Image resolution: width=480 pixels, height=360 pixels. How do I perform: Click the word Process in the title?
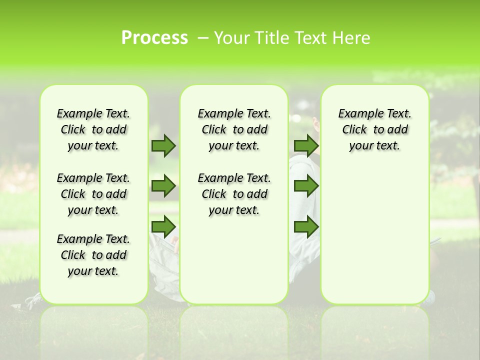154,38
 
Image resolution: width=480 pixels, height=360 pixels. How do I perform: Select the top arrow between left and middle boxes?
163,145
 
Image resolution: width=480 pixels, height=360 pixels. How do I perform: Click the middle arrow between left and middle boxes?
163,186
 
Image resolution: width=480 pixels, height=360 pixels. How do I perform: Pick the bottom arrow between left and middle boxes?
163,226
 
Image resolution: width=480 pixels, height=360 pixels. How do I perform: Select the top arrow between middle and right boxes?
306,145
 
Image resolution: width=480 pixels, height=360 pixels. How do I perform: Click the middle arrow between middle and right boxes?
306,186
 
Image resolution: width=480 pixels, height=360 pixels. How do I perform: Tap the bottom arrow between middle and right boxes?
306,226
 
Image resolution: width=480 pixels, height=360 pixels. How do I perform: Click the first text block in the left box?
93,129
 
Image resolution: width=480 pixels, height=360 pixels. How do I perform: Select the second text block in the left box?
93,194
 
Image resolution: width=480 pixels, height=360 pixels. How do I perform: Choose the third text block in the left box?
93,255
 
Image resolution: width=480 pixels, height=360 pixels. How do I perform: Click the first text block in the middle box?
234,129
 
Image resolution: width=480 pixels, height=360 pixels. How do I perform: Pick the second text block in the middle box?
234,194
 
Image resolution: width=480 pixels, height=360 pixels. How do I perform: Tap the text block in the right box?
374,129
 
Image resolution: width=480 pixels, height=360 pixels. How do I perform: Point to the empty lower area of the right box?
374,235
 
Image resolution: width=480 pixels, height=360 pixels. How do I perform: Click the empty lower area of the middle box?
234,260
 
